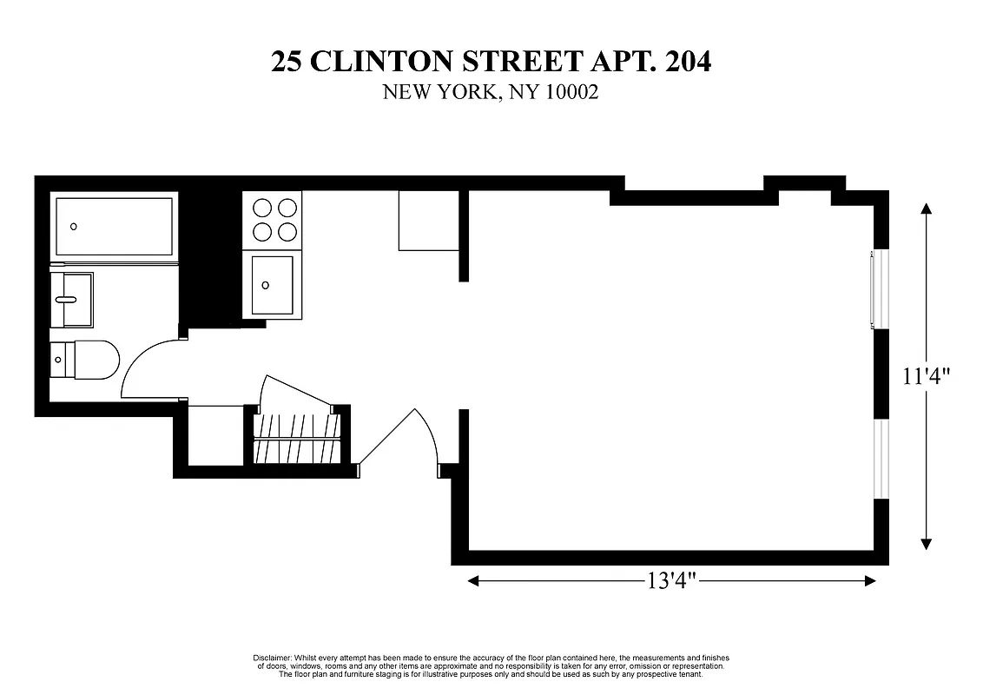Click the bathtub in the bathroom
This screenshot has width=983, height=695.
click(x=114, y=227)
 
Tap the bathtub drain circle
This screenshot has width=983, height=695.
click(x=74, y=227)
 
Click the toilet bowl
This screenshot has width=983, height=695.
click(x=96, y=360)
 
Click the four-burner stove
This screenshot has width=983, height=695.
click(x=275, y=220)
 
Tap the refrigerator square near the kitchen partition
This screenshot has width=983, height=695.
click(x=427, y=221)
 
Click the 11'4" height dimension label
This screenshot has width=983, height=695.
click(x=927, y=376)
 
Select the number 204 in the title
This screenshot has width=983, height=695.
click(x=685, y=63)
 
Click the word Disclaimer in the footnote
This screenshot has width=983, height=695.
click(x=271, y=658)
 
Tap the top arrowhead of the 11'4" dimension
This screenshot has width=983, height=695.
click(x=927, y=208)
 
